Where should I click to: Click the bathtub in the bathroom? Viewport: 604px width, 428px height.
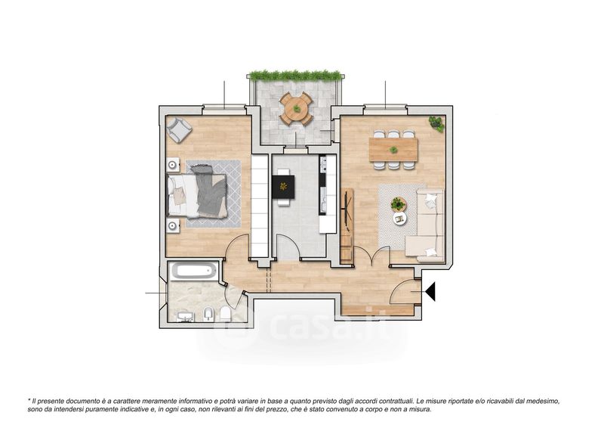(193, 271)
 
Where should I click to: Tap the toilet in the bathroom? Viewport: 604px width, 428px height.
(225, 314)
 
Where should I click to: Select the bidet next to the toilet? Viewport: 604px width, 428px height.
(208, 314)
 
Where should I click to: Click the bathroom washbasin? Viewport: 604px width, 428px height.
(185, 317)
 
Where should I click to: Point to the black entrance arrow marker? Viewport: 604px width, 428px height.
(430, 291)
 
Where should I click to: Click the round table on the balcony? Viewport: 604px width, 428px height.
(296, 109)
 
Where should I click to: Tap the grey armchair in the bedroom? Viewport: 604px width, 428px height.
(178, 129)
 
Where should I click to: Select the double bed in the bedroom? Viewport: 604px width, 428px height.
(196, 195)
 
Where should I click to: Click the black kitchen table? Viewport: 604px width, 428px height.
(283, 188)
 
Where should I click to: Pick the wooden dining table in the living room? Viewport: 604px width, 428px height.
(393, 150)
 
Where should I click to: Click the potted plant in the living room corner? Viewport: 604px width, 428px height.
(436, 123)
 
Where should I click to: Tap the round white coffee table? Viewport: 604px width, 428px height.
(400, 219)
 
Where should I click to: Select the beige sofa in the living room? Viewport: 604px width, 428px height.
(425, 224)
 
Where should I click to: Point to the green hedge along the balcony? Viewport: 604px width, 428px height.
(295, 76)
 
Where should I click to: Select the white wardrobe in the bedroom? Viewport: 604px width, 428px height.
(260, 206)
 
